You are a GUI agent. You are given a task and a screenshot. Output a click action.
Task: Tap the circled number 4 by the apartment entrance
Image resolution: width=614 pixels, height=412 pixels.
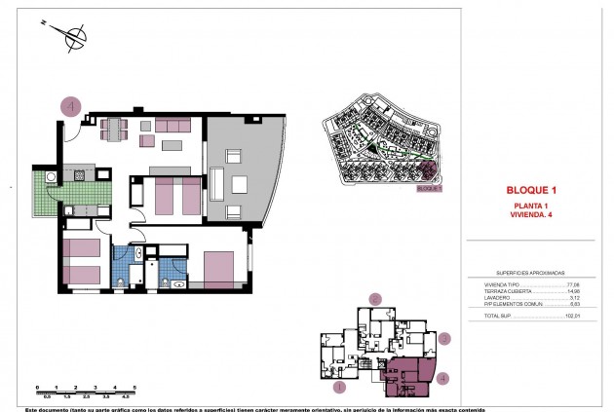tap(70, 105)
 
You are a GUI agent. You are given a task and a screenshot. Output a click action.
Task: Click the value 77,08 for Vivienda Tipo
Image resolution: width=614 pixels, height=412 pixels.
tap(572, 284)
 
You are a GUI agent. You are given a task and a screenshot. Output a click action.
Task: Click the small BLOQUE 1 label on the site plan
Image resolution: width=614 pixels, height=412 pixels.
tap(429, 189)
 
